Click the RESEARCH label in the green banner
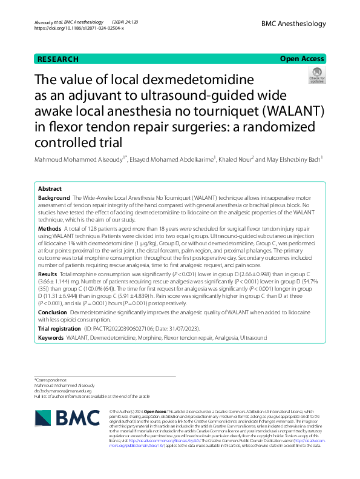58,59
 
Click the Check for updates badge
316,76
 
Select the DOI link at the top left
79,28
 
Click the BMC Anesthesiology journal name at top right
294,24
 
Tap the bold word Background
53,198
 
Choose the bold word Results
48,274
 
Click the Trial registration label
60,328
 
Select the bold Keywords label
51,337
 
